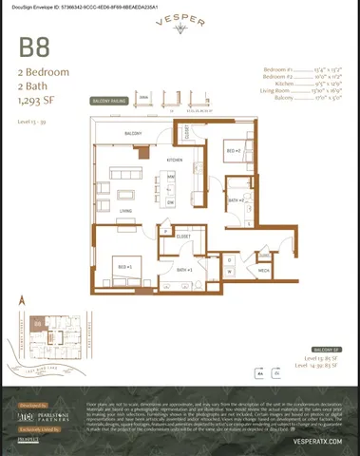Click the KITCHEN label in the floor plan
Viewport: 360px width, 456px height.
pos(175,159)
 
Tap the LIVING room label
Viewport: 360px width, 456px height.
pos(124,211)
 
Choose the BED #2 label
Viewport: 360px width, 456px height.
pos(233,150)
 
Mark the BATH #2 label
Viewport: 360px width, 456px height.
pos(236,200)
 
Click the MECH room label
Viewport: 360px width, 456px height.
pos(264,271)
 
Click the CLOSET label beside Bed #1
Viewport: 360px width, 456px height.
pos(183,236)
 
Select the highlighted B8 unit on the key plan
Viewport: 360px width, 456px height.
pos(38,324)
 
